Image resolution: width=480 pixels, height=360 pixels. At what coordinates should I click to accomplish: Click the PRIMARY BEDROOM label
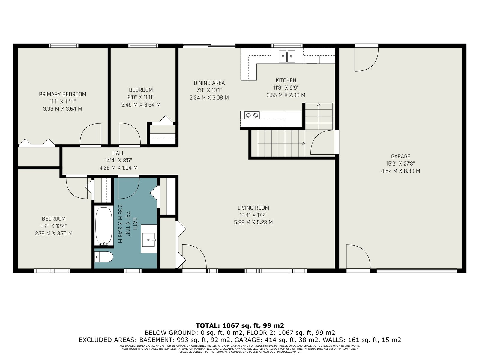[62, 94]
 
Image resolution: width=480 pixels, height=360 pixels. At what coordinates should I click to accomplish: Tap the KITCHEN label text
[286, 80]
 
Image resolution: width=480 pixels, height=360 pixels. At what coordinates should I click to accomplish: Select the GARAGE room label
[400, 156]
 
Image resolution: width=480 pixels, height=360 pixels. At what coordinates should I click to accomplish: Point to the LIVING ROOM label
[253, 208]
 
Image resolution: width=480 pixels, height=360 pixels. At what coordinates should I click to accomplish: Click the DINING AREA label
[209, 83]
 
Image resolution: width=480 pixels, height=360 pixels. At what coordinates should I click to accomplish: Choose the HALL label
[118, 153]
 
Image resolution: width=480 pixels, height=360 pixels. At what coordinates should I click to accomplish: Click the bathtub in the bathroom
[104, 226]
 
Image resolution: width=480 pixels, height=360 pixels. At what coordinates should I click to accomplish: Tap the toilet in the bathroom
[104, 256]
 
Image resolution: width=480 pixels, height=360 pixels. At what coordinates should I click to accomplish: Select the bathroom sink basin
[149, 240]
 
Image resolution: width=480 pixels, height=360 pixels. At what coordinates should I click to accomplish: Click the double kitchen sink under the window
[287, 56]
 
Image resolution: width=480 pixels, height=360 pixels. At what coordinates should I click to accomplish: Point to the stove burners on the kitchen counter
[252, 115]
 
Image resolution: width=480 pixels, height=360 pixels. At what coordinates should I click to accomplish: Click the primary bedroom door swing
[91, 134]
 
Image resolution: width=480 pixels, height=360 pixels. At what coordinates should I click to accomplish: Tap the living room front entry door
[194, 256]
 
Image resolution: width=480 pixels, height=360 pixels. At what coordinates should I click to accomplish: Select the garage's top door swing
[367, 59]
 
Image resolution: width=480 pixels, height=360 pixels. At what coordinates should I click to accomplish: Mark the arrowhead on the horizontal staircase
[304, 143]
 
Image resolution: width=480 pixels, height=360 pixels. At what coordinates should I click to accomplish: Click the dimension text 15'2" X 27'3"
[400, 163]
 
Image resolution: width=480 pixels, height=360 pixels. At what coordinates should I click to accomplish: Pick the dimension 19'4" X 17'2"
[253, 215]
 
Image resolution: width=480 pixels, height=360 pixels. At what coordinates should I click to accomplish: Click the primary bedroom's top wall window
[63, 46]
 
